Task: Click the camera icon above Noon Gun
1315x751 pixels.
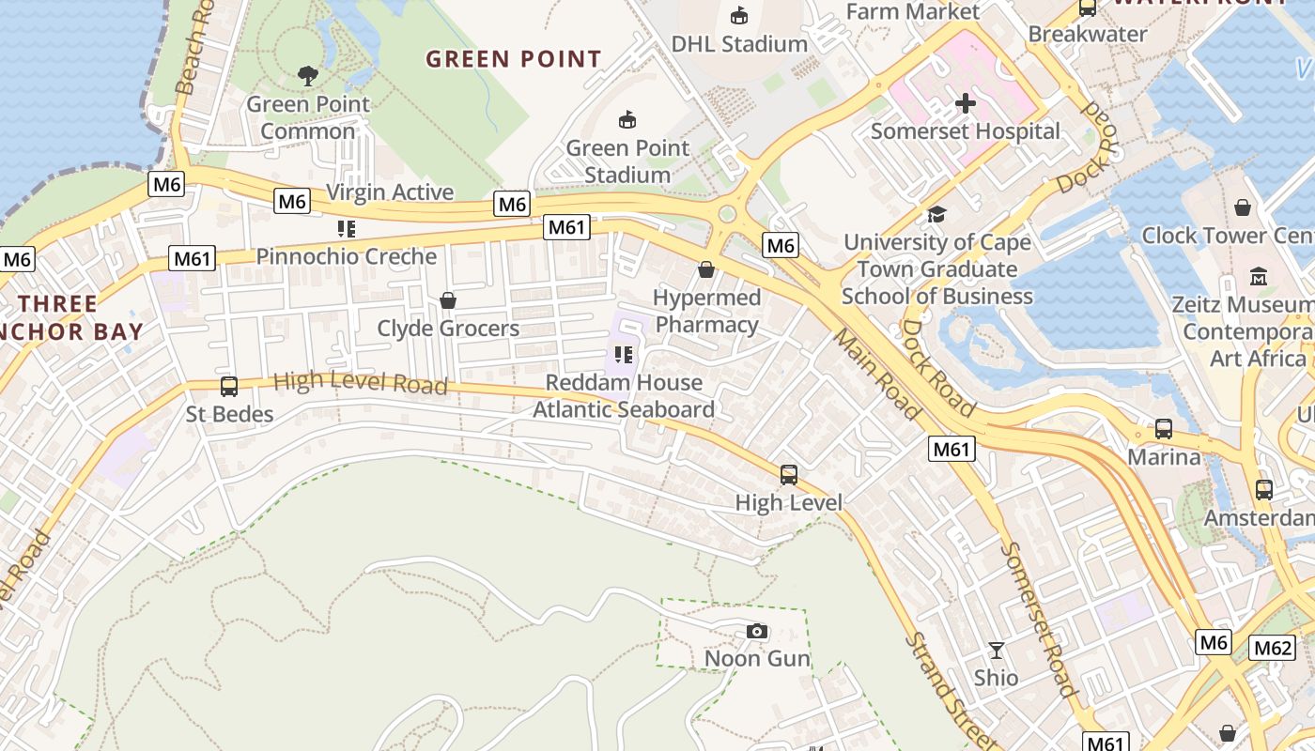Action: pos(757,632)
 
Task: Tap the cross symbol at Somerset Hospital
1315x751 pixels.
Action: pos(966,103)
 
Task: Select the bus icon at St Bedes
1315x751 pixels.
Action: pos(228,387)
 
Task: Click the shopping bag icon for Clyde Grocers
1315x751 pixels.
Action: pos(448,300)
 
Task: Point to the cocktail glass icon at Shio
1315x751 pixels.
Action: pos(996,650)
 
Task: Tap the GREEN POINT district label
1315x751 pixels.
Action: pos(513,59)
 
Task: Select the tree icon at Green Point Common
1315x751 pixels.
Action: pos(307,76)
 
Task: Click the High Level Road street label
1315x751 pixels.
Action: pos(360,383)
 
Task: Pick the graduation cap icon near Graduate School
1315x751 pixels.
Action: pos(936,215)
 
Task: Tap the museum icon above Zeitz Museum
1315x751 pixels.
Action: pos(1259,277)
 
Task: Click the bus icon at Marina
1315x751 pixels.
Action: pos(1164,429)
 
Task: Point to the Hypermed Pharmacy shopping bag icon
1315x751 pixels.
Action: pos(706,270)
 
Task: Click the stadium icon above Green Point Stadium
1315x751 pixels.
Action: pos(627,120)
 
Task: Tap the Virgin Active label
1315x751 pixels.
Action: pos(390,192)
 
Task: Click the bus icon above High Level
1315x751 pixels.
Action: pos(789,475)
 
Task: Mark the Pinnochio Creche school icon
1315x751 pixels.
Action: pos(346,229)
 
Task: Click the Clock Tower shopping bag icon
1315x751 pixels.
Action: pos(1243,207)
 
